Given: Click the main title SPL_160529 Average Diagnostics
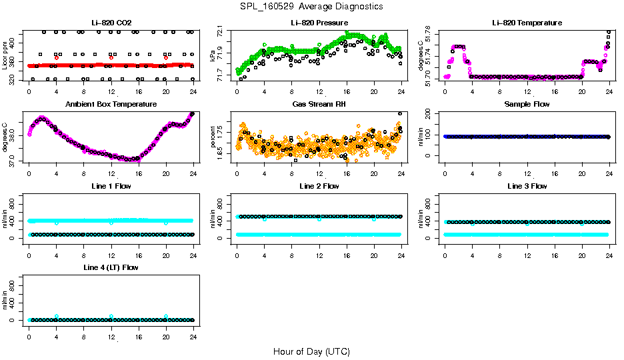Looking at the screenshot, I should pos(312,6).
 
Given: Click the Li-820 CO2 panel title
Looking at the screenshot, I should pos(109,23).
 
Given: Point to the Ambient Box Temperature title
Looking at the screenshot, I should pos(111,105).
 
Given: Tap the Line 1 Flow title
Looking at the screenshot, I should pos(111,186).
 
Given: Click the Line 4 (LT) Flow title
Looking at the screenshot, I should pos(111,267).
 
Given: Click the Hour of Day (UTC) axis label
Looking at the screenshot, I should pos(311,351).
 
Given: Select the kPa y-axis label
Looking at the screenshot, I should pos(213,56).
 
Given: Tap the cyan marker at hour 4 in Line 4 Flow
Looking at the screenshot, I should pos(57,316).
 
